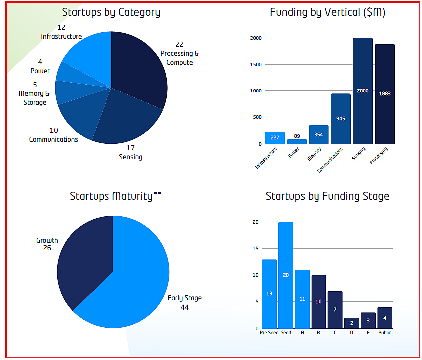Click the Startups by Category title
click(111, 12)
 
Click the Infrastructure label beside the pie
click(61, 36)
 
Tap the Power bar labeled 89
click(297, 141)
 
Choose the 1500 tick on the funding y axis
click(255, 65)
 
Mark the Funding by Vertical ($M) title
click(327, 12)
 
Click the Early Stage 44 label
click(185, 302)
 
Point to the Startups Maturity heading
click(115, 196)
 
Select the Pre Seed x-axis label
click(269, 332)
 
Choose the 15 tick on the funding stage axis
click(255, 249)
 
